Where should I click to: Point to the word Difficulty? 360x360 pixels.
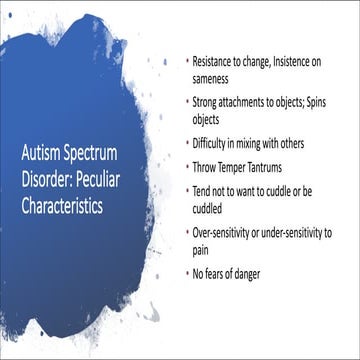click(213, 142)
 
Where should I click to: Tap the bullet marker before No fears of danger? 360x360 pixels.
click(187, 272)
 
